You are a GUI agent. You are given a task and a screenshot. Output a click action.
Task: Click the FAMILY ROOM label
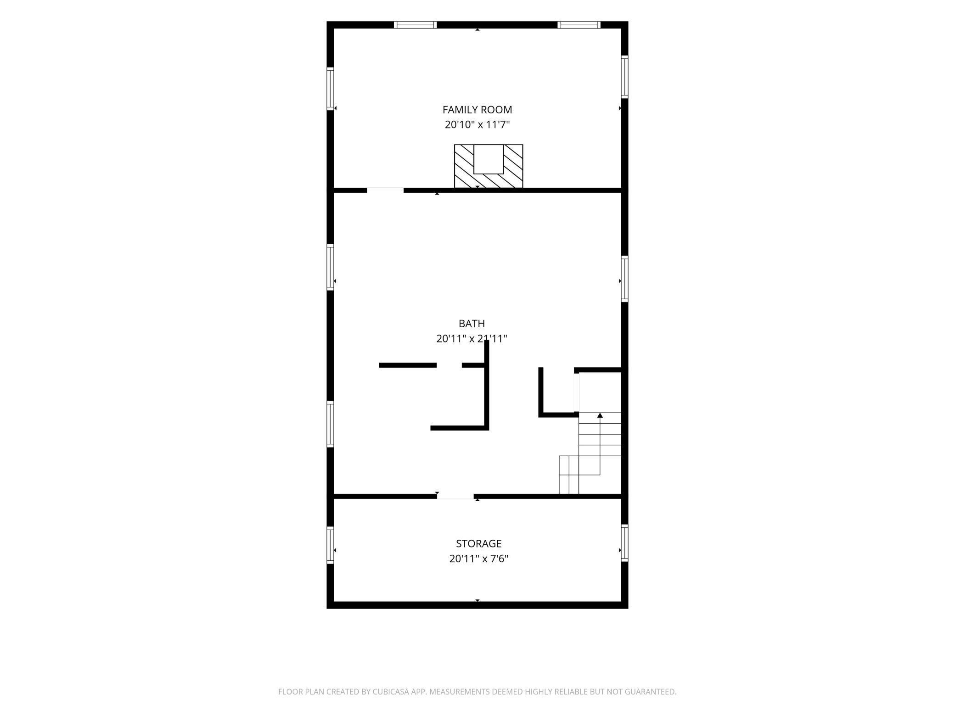[477, 110]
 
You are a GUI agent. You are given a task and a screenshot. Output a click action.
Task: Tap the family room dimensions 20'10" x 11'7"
[477, 124]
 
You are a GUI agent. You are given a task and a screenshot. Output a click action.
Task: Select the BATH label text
[472, 324]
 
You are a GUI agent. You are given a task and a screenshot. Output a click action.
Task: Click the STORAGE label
[478, 543]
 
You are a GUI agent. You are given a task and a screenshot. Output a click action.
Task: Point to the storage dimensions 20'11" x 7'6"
[478, 559]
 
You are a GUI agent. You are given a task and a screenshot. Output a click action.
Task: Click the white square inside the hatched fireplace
[489, 159]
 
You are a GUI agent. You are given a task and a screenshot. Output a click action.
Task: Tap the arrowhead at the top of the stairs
[600, 415]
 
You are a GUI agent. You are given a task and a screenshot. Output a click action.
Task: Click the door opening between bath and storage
[455, 496]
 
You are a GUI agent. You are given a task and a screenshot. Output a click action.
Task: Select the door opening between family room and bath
[385, 190]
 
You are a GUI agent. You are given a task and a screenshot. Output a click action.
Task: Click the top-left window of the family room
[416, 25]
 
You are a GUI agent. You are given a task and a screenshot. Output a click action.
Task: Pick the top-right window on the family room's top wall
[579, 25]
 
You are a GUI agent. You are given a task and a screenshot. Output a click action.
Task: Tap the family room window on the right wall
[624, 77]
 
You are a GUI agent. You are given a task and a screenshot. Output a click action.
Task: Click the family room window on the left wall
[330, 89]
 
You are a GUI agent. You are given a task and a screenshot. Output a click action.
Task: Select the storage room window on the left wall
[330, 545]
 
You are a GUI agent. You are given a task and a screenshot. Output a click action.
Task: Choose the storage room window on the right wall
[624, 543]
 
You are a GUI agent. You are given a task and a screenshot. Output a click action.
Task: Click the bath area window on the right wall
[624, 279]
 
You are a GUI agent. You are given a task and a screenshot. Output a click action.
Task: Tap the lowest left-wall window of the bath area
[330, 424]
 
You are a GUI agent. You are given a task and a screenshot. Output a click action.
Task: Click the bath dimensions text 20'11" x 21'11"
[472, 339]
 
